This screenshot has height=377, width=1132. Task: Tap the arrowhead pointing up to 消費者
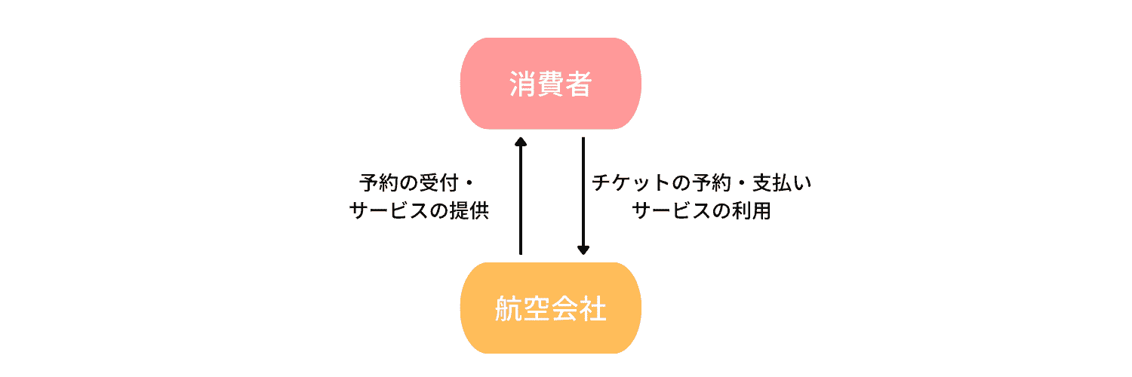[x=520, y=142]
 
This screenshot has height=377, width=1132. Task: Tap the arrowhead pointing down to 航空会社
[x=583, y=250]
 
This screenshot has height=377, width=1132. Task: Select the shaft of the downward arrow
[x=583, y=192]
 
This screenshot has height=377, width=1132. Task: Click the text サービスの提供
[x=420, y=211]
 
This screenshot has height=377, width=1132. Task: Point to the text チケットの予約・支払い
[x=702, y=183]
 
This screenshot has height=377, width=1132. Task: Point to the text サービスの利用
[x=702, y=211]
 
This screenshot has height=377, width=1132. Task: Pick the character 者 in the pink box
[x=578, y=84]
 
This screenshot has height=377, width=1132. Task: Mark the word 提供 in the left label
[x=475, y=211]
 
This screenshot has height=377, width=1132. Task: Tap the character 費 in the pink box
[x=551, y=84]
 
